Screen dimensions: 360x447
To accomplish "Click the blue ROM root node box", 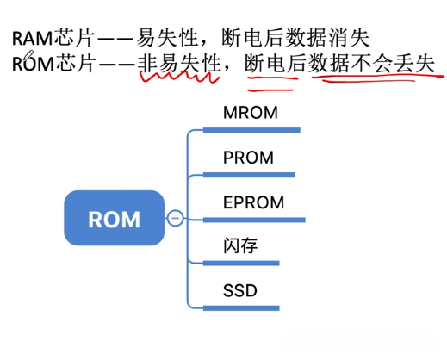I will (114, 218).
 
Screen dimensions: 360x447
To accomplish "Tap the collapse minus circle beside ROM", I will (176, 218).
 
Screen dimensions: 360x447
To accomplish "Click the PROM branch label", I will (248, 158).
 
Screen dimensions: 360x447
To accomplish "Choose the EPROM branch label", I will (253, 202).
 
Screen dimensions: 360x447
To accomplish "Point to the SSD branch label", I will (240, 290).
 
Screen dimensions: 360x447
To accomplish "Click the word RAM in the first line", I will (31, 39).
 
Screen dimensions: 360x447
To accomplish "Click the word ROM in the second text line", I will (31, 65).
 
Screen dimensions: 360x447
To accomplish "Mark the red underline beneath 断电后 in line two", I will (270, 82).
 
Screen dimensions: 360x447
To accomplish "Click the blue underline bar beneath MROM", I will (251, 131).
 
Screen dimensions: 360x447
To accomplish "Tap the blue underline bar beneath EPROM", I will (254, 219).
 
